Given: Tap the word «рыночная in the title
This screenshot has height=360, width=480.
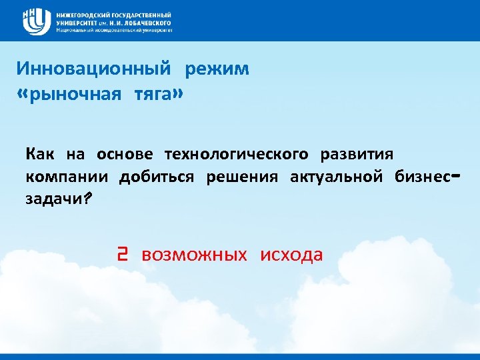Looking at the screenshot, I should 67,95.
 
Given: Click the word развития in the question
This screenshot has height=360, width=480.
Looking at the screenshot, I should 357,155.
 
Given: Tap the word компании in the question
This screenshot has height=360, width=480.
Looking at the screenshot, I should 65,177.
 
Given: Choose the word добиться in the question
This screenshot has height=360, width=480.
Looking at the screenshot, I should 157,177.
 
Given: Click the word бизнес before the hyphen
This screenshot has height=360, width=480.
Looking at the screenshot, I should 423,177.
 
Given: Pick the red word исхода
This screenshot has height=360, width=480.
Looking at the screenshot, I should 291,255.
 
